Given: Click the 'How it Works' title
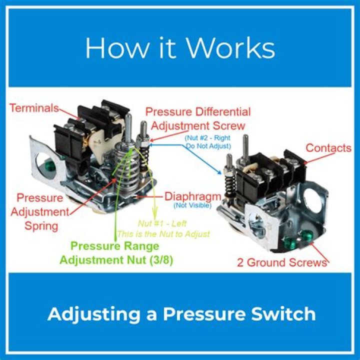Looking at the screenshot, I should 180,48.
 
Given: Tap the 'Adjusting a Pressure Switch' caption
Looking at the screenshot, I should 181,314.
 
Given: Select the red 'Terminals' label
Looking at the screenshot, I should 34,108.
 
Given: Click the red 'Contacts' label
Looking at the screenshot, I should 328,148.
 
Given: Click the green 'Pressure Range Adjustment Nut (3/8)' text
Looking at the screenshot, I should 115,253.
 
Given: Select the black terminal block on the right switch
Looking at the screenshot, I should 270,172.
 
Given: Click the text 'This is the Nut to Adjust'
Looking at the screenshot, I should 163,233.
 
